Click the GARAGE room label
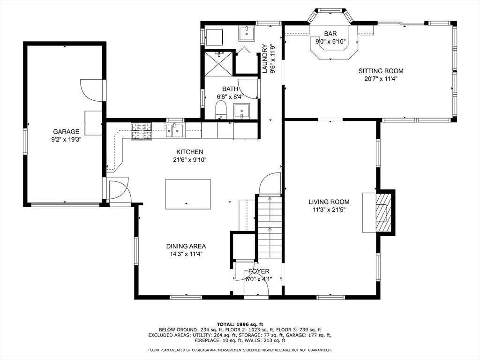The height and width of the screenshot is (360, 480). click(x=66, y=132)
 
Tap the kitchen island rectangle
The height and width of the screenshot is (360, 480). click(x=188, y=194)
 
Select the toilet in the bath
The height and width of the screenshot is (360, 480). click(x=221, y=110)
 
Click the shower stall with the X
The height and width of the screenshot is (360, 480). click(x=218, y=63)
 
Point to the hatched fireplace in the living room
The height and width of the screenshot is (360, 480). click(x=383, y=212)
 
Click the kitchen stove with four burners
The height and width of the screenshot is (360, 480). click(x=142, y=131)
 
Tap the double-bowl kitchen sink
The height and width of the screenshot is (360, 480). click(x=174, y=131)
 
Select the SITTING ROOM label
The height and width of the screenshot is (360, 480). click(x=381, y=71)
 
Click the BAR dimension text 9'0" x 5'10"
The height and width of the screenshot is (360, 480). click(x=330, y=41)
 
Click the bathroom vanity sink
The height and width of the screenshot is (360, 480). click(x=242, y=111)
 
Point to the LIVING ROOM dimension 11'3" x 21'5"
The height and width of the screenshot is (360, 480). click(x=329, y=210)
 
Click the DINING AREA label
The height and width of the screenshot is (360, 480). click(x=186, y=246)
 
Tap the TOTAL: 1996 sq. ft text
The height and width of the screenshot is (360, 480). click(x=240, y=324)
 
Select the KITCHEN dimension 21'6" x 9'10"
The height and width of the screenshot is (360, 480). click(x=189, y=160)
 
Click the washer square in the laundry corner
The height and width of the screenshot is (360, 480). click(x=215, y=37)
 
